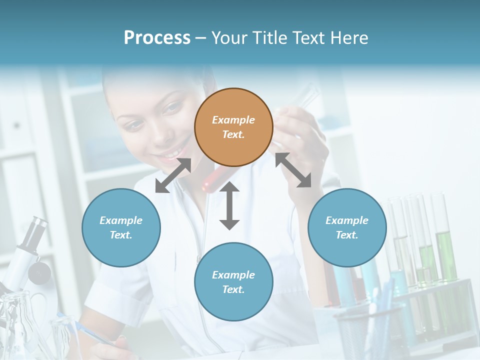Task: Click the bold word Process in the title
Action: (x=157, y=37)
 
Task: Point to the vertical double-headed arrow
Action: (x=229, y=205)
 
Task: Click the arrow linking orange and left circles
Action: (x=173, y=175)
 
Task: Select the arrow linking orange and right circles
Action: (x=293, y=170)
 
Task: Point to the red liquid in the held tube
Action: (x=210, y=182)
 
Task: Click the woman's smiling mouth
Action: (x=172, y=149)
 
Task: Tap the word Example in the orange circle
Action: (x=233, y=120)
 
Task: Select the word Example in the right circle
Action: (x=347, y=220)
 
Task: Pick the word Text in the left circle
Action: (x=120, y=235)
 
